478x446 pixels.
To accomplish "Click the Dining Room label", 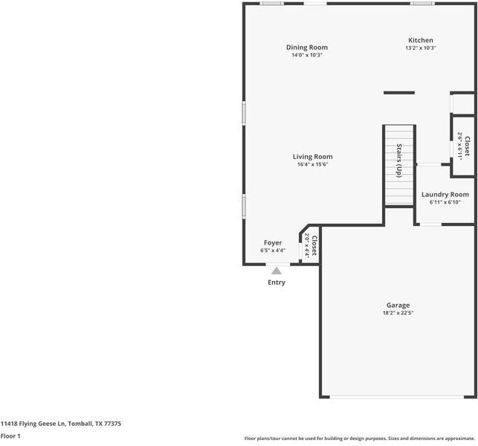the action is (x=307, y=48).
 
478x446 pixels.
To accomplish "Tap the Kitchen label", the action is (x=421, y=40).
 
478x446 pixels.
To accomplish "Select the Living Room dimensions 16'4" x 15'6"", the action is (x=313, y=164).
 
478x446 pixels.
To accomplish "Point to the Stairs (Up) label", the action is (x=399, y=161).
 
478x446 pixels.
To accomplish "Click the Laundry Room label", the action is (x=445, y=195).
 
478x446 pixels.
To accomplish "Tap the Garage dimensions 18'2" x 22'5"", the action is (x=398, y=313).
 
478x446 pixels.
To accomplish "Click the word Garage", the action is (x=398, y=306).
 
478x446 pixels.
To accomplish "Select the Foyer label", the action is (x=273, y=243).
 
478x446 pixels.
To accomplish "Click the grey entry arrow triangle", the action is (x=277, y=271).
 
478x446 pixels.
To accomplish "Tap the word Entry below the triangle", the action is (x=277, y=282).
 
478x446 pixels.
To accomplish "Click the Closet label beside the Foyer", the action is (x=314, y=246).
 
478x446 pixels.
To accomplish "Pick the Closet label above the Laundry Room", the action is (x=467, y=146).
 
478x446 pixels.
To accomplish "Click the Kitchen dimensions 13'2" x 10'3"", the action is (x=421, y=48).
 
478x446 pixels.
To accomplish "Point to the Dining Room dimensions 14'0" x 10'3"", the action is (x=307, y=55).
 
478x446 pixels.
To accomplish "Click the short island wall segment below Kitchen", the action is (x=399, y=93).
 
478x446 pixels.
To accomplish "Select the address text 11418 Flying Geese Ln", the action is (x=33, y=424).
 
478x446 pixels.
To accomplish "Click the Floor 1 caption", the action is (x=10, y=436).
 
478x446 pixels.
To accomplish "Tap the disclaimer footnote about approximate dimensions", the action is (x=360, y=439).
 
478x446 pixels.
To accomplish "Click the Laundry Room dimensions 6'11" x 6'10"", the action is (x=445, y=202).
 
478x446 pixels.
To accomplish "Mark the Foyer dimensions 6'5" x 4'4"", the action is (x=273, y=251).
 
